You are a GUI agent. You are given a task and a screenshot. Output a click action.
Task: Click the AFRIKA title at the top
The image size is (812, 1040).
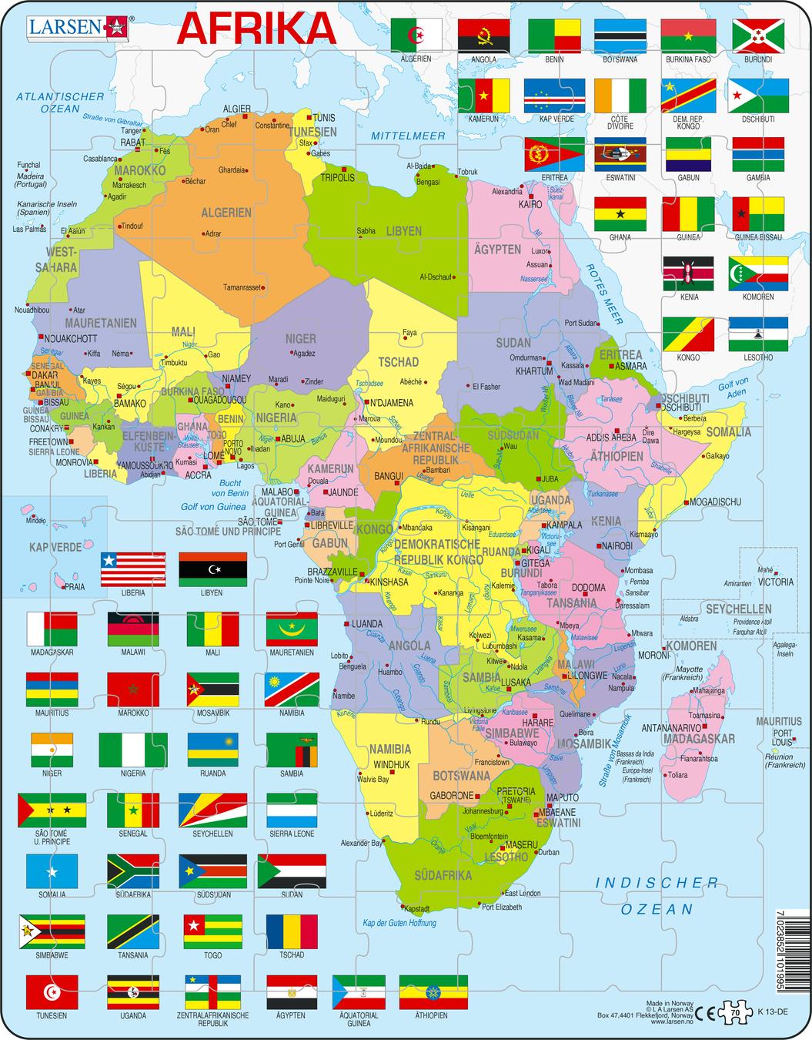(x=257, y=29)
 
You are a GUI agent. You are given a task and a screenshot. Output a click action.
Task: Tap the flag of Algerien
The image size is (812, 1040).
(x=416, y=35)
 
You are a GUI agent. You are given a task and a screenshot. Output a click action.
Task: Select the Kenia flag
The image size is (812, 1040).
(x=688, y=274)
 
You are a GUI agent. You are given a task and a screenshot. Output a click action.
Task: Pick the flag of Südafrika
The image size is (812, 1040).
(x=133, y=871)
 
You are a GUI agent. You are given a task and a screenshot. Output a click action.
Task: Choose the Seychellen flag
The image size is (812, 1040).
(x=212, y=810)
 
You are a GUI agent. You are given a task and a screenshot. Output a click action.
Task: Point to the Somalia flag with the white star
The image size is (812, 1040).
(x=52, y=871)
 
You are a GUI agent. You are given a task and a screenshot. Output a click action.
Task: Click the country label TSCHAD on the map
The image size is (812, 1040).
(x=398, y=361)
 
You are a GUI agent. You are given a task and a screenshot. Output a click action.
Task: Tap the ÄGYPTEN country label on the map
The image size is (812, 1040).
(x=497, y=250)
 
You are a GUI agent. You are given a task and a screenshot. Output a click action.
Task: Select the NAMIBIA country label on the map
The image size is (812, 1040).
(x=389, y=748)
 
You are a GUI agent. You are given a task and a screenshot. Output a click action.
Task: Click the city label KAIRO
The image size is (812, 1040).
(x=530, y=204)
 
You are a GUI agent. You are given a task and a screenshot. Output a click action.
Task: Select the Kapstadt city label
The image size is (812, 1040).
(x=415, y=908)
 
